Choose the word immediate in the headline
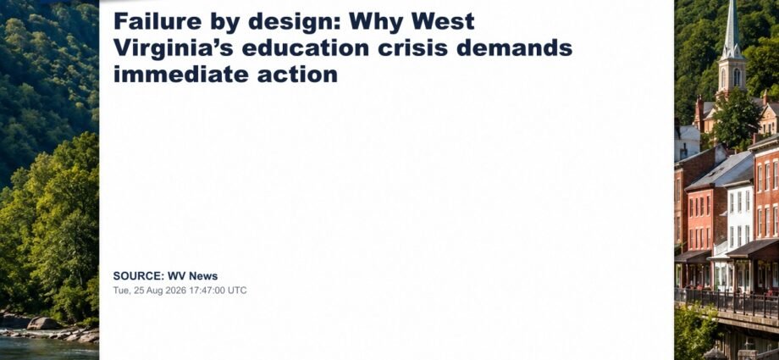[181, 75]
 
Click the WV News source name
[192, 276]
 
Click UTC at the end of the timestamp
[237, 291]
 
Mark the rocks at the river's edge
[50, 328]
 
